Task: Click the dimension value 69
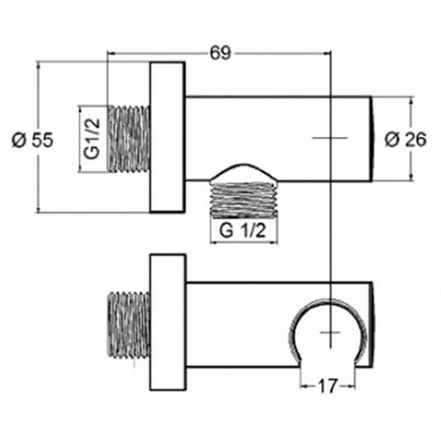(220, 53)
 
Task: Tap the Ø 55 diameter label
(32, 140)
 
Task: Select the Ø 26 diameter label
(406, 139)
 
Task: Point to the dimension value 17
(327, 386)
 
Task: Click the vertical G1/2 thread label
(92, 139)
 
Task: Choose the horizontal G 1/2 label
(242, 231)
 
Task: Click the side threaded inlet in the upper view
(129, 138)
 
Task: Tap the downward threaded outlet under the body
(244, 200)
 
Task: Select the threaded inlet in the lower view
(129, 325)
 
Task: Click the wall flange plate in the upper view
(167, 137)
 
